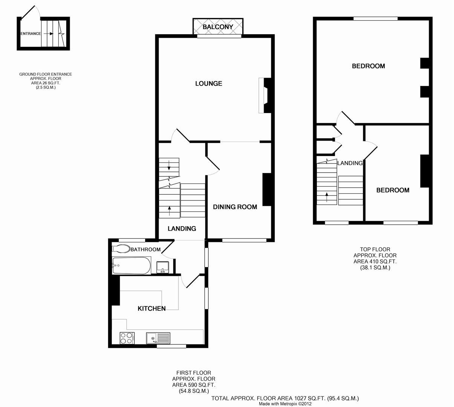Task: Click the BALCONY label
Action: click(x=218, y=27)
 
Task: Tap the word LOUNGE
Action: click(x=209, y=84)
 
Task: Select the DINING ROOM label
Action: click(x=235, y=207)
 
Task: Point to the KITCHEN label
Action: click(x=152, y=309)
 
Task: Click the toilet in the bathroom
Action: click(x=121, y=249)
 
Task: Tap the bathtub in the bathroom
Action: click(x=131, y=266)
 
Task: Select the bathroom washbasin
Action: click(x=163, y=267)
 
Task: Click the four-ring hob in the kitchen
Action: click(x=127, y=338)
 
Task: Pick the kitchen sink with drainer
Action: click(x=158, y=338)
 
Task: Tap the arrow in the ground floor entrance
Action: click(x=49, y=34)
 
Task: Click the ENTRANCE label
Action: click(x=31, y=34)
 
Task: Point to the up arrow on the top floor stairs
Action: click(x=327, y=197)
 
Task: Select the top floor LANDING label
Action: click(x=350, y=163)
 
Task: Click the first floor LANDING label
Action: click(x=182, y=229)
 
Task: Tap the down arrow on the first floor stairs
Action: click(x=169, y=165)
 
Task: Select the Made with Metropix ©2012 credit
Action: click(x=285, y=404)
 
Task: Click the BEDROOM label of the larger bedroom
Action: click(x=368, y=66)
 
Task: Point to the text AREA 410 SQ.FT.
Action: click(x=375, y=261)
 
